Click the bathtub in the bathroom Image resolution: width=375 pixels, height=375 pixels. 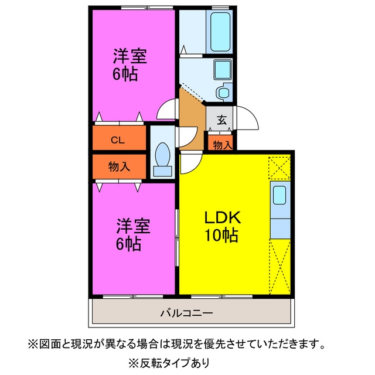coord(220,32)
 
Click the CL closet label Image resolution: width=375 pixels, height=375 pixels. coord(118,140)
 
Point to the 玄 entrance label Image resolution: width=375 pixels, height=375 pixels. coord(221,120)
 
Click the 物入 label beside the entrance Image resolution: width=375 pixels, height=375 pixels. coord(223,145)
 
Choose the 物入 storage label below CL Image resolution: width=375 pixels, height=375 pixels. coord(119,166)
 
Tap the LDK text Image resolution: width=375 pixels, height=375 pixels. coord(222,217)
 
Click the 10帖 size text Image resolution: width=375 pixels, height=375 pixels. coord(221,236)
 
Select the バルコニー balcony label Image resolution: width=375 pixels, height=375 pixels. coord(186,313)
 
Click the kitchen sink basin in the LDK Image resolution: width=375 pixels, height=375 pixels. coord(279,195)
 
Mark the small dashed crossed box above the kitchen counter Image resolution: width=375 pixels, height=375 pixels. coord(279,168)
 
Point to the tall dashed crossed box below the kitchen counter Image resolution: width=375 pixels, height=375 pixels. coord(280,267)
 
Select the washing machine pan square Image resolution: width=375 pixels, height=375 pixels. coord(223,70)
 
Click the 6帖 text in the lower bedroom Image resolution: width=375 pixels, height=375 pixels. coord(128,244)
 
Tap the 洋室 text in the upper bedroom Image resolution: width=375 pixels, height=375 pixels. coord(130,56)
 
